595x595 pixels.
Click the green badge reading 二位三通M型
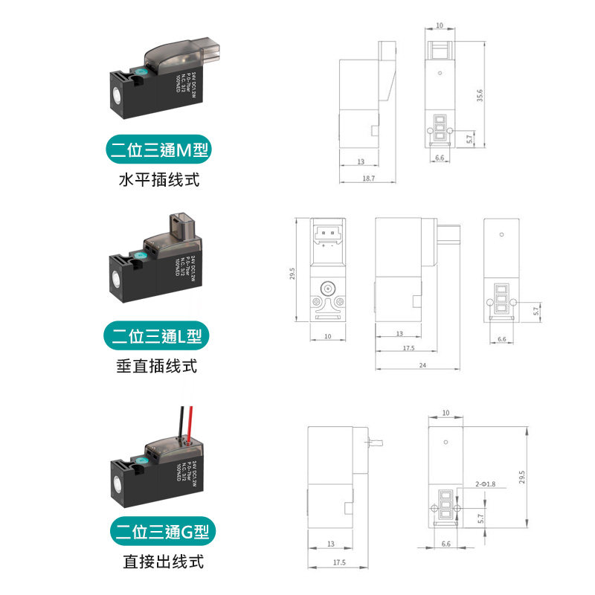(156, 151)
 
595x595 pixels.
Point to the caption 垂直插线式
(157, 367)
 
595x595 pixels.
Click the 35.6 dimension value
(480, 97)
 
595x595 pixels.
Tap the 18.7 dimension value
(367, 178)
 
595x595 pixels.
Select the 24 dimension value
(422, 365)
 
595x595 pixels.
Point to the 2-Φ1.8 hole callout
(484, 484)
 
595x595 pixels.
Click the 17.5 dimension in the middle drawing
(409, 348)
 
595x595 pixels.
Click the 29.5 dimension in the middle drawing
(292, 274)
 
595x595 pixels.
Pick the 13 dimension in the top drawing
(360, 161)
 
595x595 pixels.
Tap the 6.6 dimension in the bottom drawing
(446, 544)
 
